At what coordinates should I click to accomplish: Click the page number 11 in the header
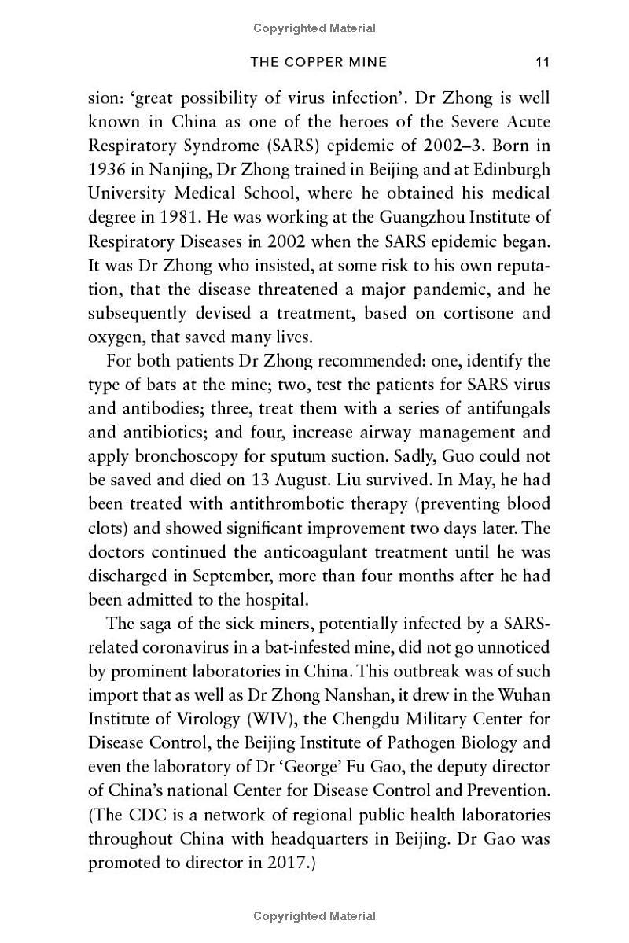[541, 62]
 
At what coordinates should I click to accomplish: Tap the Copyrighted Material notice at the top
[314, 28]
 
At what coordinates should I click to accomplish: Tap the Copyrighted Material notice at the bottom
[314, 916]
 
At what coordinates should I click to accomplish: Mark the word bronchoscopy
[168, 456]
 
